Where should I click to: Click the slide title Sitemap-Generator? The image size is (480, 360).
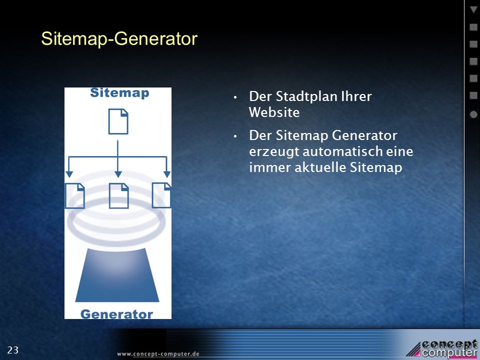[x=119, y=39]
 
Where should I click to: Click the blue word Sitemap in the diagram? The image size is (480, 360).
[x=119, y=93]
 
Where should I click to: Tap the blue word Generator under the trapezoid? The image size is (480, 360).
[x=116, y=314]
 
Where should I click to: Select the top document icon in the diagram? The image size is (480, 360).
[x=118, y=121]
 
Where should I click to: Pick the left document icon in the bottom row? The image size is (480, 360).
[x=75, y=195]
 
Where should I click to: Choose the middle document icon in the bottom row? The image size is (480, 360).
[x=119, y=195]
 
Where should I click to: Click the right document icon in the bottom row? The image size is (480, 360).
[x=161, y=195]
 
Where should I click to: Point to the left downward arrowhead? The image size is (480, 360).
[x=69, y=174]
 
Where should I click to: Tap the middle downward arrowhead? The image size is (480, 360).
[x=118, y=174]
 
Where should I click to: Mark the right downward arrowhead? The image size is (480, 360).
[x=167, y=174]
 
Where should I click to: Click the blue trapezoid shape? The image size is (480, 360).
[x=117, y=275]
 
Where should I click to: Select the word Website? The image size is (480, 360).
[x=274, y=112]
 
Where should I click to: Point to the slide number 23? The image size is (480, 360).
[x=13, y=350]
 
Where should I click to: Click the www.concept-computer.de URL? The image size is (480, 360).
[x=158, y=354]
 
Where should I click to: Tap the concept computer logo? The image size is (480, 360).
[x=442, y=348]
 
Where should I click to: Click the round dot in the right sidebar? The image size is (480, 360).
[x=473, y=114]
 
